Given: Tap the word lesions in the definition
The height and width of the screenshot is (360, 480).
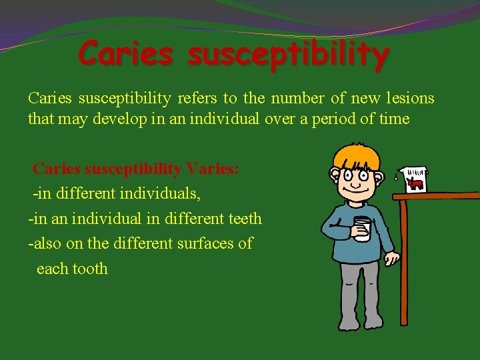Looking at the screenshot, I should [408, 99].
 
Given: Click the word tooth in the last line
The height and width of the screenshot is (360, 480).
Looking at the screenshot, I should [89, 269].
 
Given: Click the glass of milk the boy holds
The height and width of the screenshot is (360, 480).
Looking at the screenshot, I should [362, 228].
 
